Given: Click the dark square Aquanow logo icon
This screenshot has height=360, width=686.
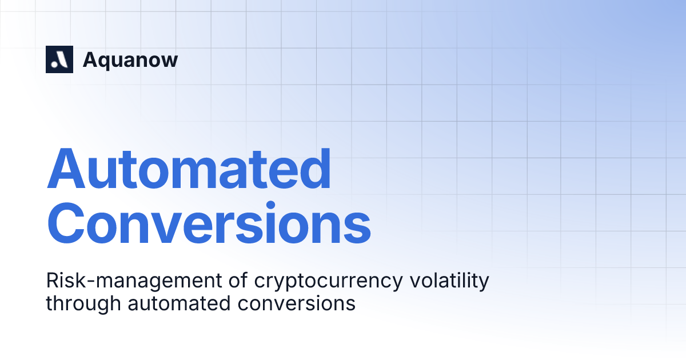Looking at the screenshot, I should pyautogui.click(x=59, y=59).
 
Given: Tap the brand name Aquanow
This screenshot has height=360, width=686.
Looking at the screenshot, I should pyautogui.click(x=130, y=60).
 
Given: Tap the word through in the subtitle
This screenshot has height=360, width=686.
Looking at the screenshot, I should pyautogui.click(x=84, y=303).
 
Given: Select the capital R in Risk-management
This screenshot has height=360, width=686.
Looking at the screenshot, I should pyautogui.click(x=51, y=281).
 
